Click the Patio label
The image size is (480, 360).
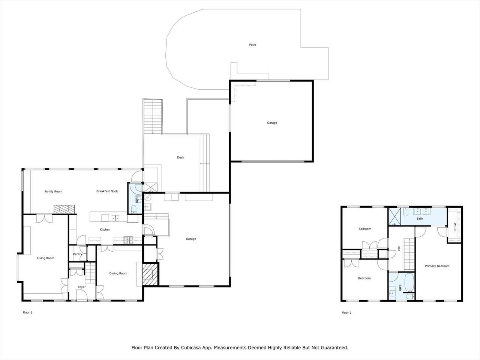tap(253, 45)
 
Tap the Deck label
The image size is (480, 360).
tap(180, 157)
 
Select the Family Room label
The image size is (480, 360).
tap(53, 192)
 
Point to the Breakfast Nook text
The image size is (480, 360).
tap(107, 191)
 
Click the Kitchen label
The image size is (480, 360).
tap(105, 229)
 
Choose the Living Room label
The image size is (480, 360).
tap(45, 258)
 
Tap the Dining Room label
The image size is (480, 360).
tap(118, 273)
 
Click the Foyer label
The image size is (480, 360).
tap(82, 287)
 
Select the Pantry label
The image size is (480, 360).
tap(78, 254)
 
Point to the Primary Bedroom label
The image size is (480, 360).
tap(437, 266)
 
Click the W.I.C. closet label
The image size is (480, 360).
tap(454, 227)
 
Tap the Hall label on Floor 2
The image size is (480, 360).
tap(399, 248)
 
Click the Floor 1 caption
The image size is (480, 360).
tap(27, 312)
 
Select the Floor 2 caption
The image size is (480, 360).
tap(346, 313)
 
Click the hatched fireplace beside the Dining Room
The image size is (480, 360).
tap(150, 274)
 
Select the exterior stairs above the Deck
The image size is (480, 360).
tap(153, 116)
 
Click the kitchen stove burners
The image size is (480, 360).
tap(128, 240)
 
